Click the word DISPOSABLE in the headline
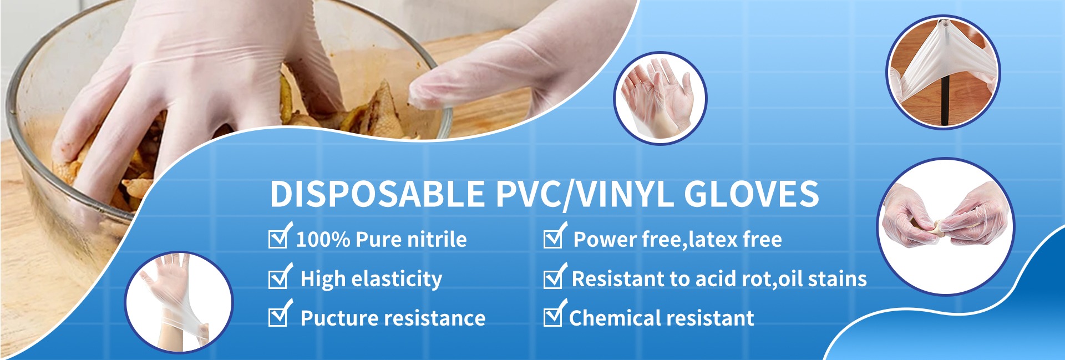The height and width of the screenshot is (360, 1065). (x=377, y=194)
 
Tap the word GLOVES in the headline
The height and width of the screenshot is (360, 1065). (x=752, y=194)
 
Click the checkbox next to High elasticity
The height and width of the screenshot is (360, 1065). (x=279, y=276)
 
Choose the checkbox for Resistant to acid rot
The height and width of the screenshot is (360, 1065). (x=554, y=276)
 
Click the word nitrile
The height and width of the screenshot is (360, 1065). (x=437, y=240)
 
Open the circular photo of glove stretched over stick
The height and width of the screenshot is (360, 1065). (x=943, y=72)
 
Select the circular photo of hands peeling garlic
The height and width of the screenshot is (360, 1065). (x=946, y=226)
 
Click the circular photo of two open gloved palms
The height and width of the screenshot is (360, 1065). (x=660, y=98)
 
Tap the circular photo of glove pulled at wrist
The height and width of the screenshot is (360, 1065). (x=179, y=302)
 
